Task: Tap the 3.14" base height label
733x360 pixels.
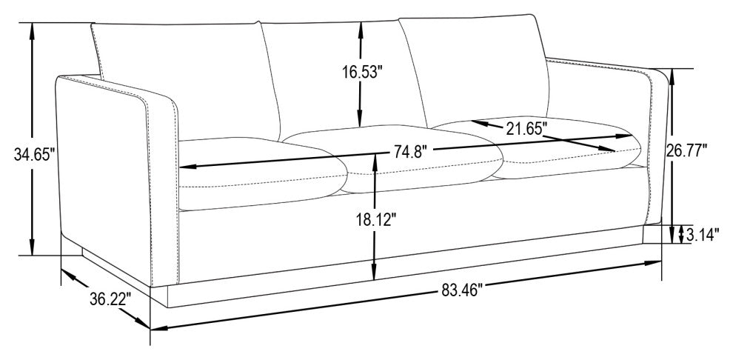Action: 702,236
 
